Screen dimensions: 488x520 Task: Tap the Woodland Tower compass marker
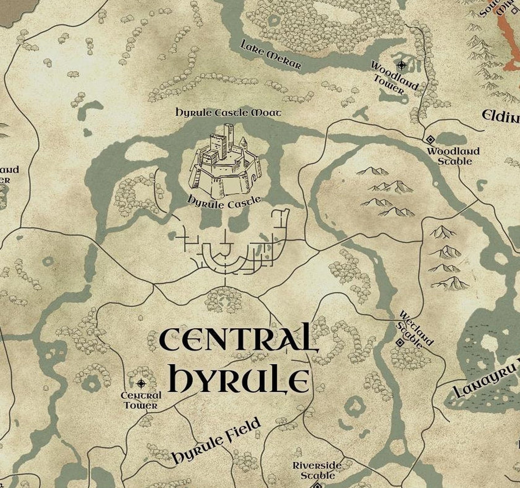point(401,65)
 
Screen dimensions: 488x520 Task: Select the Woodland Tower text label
point(393,78)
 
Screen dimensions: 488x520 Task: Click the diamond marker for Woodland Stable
point(430,140)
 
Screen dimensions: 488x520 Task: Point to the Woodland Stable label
point(453,156)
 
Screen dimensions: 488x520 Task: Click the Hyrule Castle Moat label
point(228,113)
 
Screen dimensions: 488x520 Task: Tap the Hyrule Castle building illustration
point(224,164)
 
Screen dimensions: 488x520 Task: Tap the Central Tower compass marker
point(141,383)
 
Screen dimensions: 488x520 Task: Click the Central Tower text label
point(141,400)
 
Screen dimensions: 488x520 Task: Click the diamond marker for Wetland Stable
point(400,343)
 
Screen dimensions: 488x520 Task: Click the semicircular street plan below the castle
point(225,257)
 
